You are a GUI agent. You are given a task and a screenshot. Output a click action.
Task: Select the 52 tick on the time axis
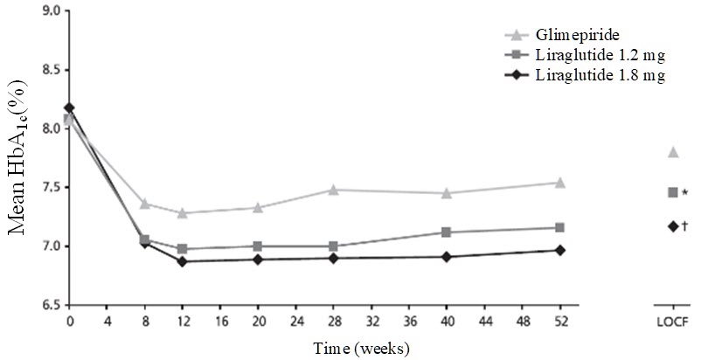560,321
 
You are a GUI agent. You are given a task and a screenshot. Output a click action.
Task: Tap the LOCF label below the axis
673,321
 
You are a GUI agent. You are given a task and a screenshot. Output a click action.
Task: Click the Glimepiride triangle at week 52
560,183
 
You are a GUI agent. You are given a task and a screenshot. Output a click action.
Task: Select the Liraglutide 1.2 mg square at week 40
447,232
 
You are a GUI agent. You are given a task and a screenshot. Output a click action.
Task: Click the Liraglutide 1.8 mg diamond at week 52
560,250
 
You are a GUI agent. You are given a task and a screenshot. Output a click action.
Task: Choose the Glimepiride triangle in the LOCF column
673,152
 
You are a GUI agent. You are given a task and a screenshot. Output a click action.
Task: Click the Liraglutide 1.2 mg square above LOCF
673,192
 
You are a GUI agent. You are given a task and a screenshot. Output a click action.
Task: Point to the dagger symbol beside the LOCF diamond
684,226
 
